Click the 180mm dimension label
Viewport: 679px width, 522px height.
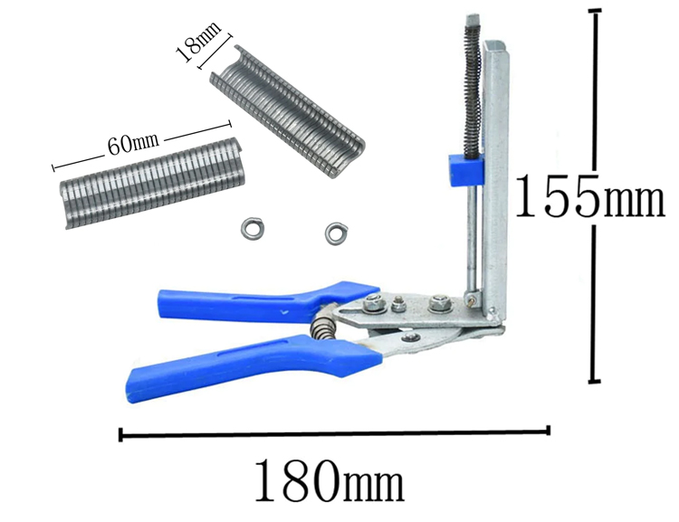330,480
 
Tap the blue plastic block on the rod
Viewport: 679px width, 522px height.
466,169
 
